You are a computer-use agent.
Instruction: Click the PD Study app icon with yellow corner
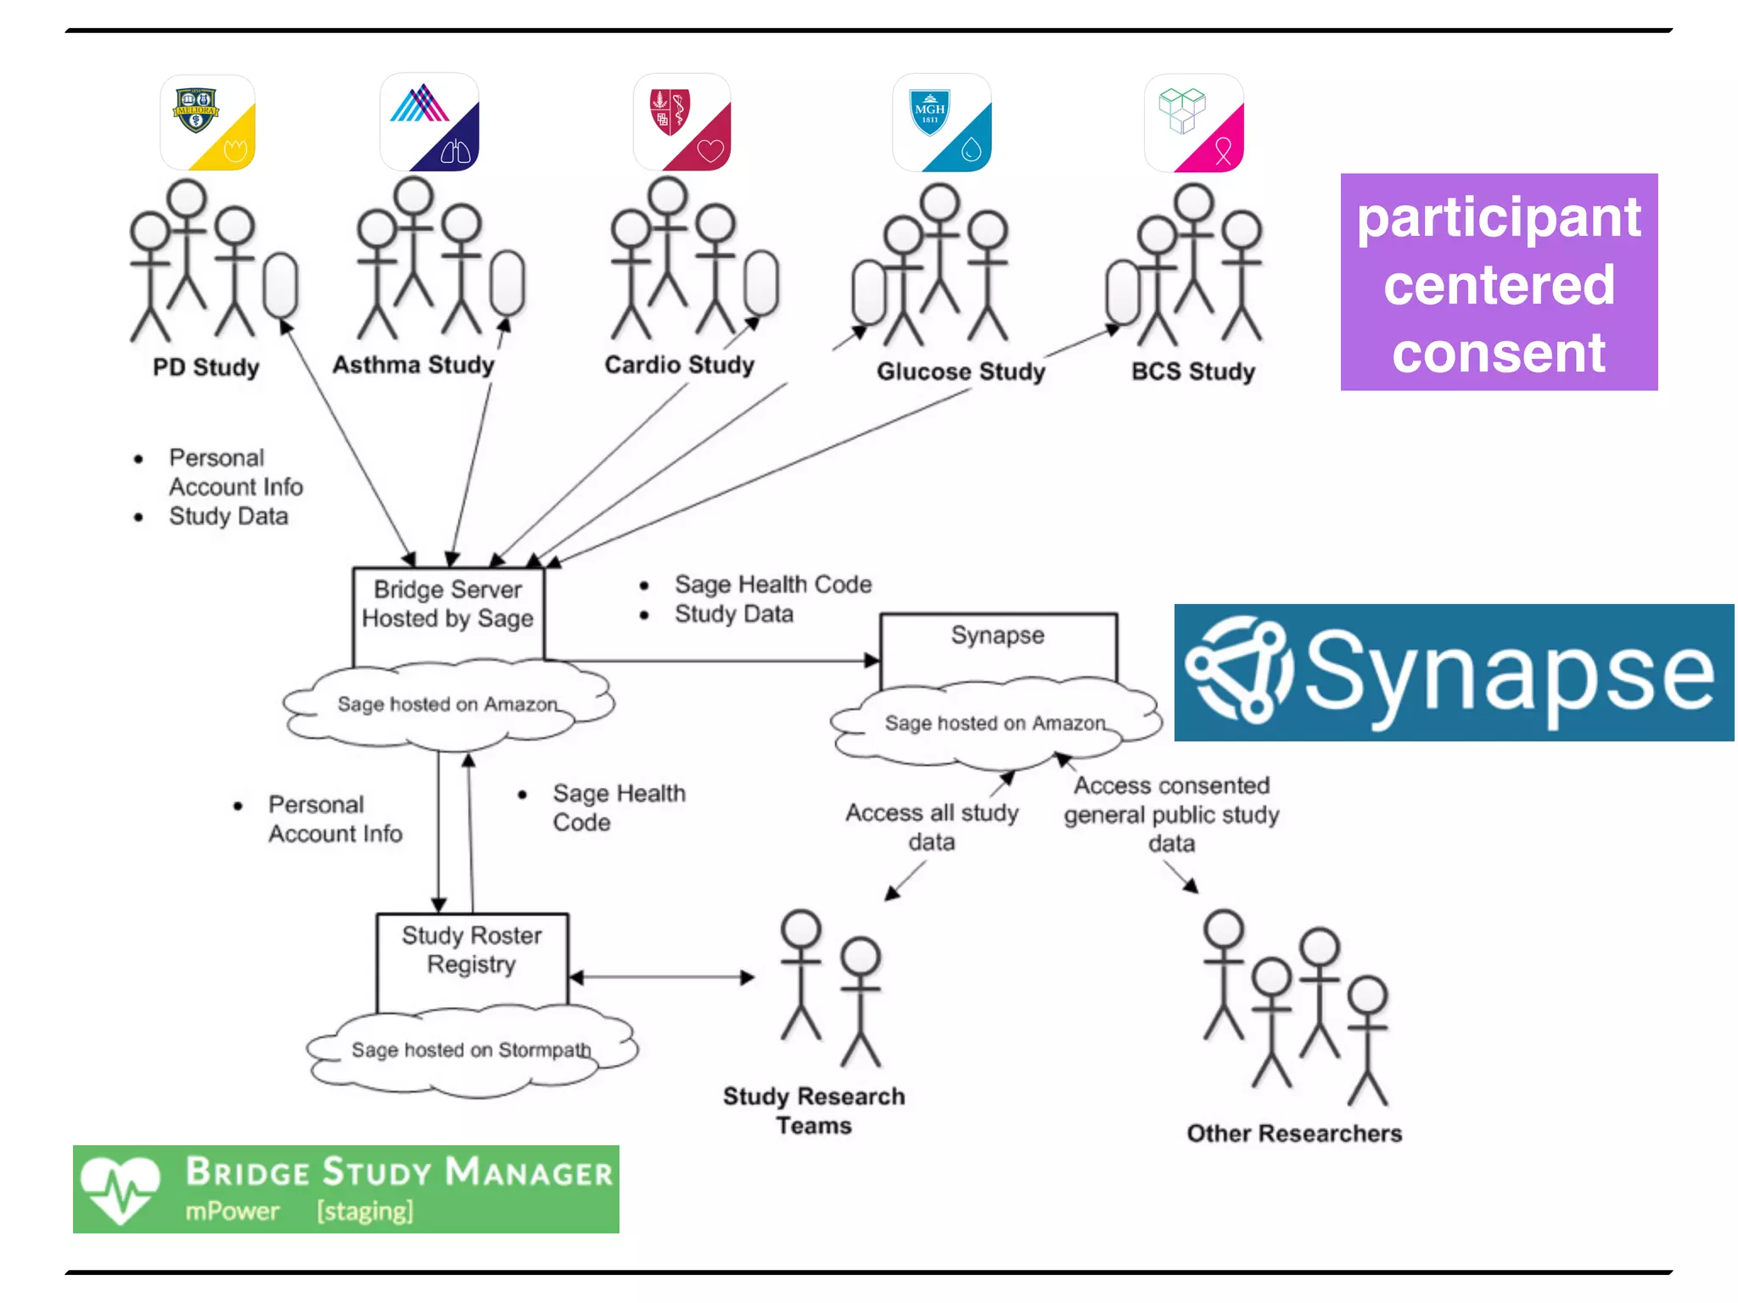208,123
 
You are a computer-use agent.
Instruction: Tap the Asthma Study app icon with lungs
429,123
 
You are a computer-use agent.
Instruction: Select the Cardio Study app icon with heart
682,123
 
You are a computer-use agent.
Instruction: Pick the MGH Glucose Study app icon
942,123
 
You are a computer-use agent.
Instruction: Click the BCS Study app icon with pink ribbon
1194,123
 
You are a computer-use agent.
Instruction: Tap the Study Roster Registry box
472,959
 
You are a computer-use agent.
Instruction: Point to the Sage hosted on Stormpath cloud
472,1050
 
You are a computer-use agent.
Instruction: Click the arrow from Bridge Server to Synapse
713,660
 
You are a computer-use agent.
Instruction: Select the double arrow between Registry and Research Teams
662,977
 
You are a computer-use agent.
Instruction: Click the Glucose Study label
961,372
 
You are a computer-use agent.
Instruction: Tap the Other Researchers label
1294,1133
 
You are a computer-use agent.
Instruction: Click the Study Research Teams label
814,1110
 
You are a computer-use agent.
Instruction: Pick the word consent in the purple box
1499,353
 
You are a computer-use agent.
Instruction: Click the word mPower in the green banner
233,1211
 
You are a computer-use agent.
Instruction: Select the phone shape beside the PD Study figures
280,285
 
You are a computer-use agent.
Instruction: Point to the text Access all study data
932,826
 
